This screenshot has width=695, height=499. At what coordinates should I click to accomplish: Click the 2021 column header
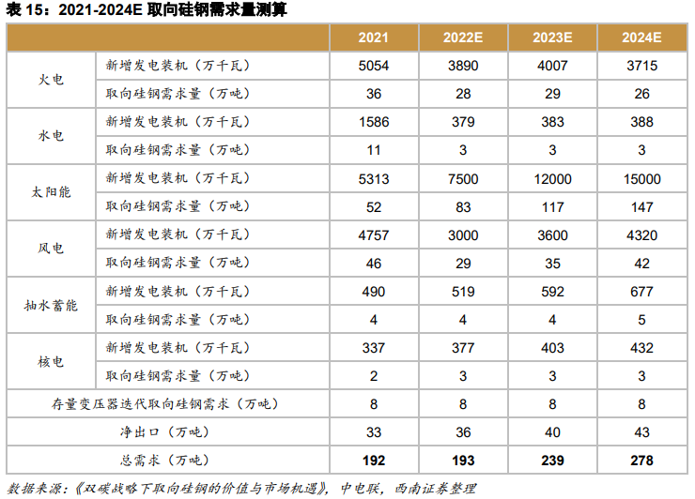(373, 38)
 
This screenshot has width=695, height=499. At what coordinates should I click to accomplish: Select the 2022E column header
(463, 38)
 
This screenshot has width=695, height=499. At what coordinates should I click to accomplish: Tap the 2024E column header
(641, 38)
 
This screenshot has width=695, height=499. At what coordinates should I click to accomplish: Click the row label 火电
(51, 80)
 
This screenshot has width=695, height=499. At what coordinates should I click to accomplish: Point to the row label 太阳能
(51, 192)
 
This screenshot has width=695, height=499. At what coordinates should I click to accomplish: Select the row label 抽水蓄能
(51, 305)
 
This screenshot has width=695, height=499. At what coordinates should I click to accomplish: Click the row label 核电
(51, 361)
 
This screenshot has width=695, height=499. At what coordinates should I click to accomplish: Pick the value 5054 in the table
(373, 66)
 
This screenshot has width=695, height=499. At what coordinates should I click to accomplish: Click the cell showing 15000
(641, 178)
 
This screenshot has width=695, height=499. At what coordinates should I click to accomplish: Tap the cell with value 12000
(552, 178)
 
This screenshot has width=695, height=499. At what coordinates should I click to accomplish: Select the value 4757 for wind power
(373, 234)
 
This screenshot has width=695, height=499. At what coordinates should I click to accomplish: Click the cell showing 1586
(373, 122)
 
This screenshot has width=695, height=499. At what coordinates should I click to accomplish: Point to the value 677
(641, 291)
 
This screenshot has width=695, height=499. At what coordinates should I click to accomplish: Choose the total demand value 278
(641, 461)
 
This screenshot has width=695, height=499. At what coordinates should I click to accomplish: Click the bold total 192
(373, 461)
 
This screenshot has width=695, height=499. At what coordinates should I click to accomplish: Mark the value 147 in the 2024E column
(641, 206)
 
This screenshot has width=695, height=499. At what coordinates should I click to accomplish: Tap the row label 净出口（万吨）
(164, 432)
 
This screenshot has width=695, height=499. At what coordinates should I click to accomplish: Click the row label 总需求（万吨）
(164, 461)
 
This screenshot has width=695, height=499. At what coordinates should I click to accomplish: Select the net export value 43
(641, 432)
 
